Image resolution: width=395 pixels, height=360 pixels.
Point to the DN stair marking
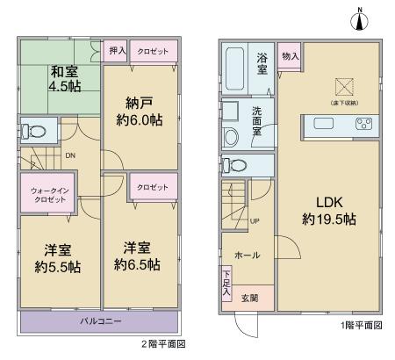point(69,157)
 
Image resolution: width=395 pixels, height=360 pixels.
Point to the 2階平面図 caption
point(163,346)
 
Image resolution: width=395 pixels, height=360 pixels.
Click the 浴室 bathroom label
point(262,67)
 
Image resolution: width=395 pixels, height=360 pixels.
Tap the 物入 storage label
point(291,55)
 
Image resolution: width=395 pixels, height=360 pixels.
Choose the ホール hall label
point(244,256)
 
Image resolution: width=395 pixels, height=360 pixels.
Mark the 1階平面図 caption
point(362,326)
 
